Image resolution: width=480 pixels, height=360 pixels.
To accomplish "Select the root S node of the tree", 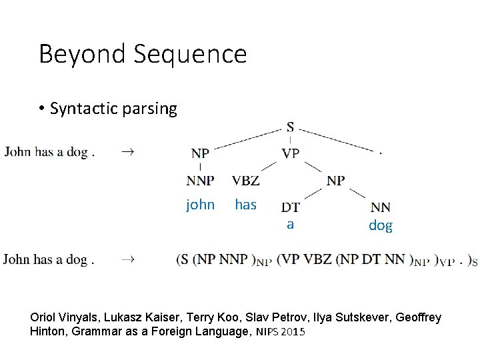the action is point(291,127).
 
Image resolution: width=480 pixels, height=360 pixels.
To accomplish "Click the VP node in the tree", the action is point(291,153).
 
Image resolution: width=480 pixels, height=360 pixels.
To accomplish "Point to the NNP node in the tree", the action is point(200,180).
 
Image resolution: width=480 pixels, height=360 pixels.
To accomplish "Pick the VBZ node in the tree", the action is point(245,180).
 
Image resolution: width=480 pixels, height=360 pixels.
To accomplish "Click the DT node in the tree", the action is point(290,208).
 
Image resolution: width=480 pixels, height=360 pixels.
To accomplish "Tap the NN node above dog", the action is point(381,208).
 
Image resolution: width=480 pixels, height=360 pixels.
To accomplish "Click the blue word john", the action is point(200,205).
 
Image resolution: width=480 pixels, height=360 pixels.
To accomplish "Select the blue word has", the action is point(245,205).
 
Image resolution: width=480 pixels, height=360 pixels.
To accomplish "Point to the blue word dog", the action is point(381,225).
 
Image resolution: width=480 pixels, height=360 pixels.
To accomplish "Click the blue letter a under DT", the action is point(290,225).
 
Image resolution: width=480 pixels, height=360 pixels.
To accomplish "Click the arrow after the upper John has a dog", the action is point(127,152).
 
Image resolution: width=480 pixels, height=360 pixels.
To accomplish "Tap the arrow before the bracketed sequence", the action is point(127,259).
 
